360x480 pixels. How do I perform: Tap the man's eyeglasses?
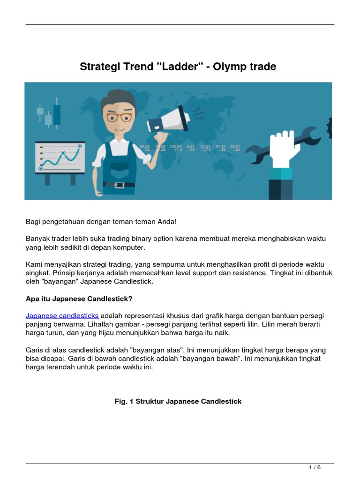tap(119, 116)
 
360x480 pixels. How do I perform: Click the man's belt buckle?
tap(119, 185)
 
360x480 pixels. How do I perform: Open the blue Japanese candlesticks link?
tap(62, 315)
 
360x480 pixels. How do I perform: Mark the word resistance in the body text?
tap(255, 273)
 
